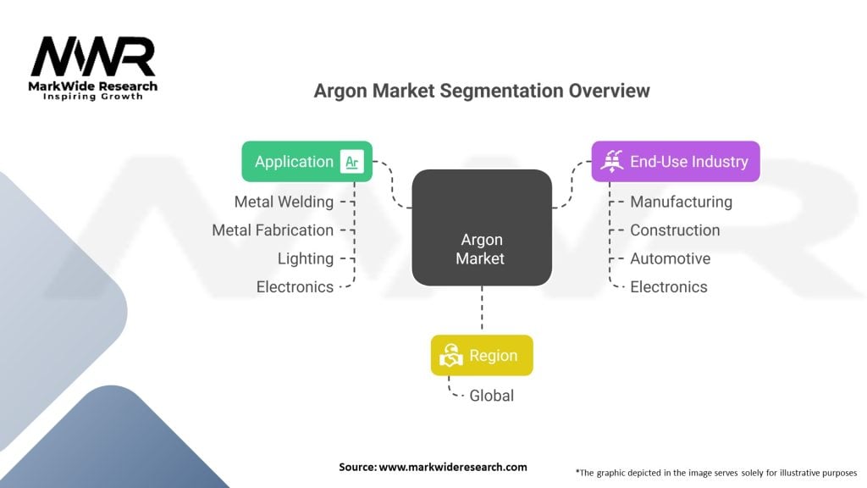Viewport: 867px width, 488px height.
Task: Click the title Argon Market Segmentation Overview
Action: (482, 91)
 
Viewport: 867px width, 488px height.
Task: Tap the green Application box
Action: (306, 161)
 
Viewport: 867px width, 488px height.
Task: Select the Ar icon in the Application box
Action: (351, 162)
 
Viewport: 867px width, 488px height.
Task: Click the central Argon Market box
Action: (482, 227)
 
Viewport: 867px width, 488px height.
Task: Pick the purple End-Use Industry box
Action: (675, 161)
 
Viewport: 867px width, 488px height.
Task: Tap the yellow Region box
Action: (482, 355)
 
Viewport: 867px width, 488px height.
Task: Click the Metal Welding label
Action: (284, 202)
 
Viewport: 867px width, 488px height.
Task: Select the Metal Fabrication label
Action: (273, 230)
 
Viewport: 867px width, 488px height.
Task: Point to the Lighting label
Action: (305, 258)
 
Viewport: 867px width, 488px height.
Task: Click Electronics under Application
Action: (295, 287)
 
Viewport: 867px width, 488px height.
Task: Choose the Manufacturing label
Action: (681, 202)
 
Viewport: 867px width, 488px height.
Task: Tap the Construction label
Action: (675, 230)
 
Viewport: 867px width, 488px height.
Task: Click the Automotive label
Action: (670, 258)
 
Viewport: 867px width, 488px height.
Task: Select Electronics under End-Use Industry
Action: (668, 287)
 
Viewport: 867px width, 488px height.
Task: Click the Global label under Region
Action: (491, 395)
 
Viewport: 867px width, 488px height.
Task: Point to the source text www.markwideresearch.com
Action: (433, 467)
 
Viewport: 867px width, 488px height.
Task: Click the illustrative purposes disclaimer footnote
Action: (716, 472)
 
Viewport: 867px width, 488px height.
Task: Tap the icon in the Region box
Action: (450, 356)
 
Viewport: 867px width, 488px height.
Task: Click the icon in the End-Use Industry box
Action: (611, 161)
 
